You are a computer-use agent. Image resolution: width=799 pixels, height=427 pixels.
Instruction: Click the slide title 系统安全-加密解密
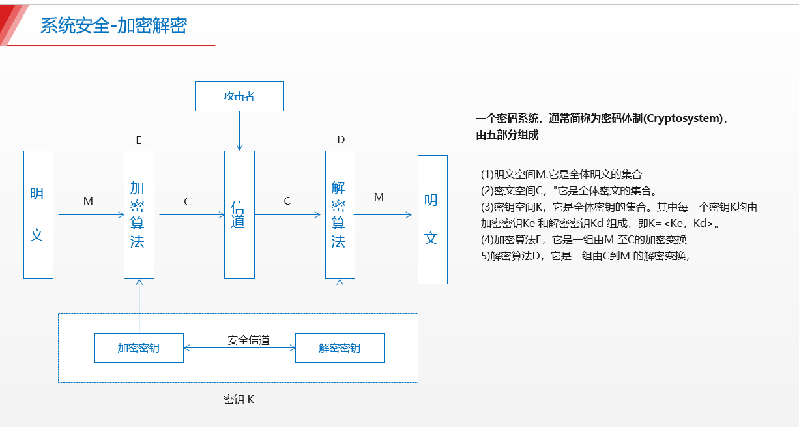(113, 25)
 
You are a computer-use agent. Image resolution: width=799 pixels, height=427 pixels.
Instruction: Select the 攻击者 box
(239, 96)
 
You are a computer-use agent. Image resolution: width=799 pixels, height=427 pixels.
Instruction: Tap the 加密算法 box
(139, 214)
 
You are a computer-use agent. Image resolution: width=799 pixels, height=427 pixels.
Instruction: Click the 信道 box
(239, 214)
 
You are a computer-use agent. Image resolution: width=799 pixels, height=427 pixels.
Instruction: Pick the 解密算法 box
(340, 214)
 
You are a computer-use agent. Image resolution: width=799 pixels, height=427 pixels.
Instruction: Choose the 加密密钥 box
(139, 348)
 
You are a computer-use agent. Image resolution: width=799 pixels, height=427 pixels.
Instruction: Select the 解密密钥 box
(340, 348)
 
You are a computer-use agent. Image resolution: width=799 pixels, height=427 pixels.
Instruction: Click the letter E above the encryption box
(139, 140)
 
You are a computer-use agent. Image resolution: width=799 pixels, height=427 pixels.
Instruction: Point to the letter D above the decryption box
(341, 140)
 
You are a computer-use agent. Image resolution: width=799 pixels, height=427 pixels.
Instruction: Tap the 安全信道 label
(248, 340)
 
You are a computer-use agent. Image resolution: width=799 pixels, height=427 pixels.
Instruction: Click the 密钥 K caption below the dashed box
(239, 399)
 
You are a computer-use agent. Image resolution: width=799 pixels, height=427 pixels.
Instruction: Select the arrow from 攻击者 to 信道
(239, 130)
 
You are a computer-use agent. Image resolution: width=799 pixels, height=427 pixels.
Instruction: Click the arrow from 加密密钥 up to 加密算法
(139, 306)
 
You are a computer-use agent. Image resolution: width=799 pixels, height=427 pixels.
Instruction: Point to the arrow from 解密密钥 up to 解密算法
(340, 306)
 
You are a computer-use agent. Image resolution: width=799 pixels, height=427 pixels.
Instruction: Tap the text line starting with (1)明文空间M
(561, 175)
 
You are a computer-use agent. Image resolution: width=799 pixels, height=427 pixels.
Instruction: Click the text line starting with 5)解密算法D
(585, 256)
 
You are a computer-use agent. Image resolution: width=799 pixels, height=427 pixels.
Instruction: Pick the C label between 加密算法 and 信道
(188, 202)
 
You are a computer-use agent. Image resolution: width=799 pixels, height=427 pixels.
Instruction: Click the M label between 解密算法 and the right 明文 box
(379, 198)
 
